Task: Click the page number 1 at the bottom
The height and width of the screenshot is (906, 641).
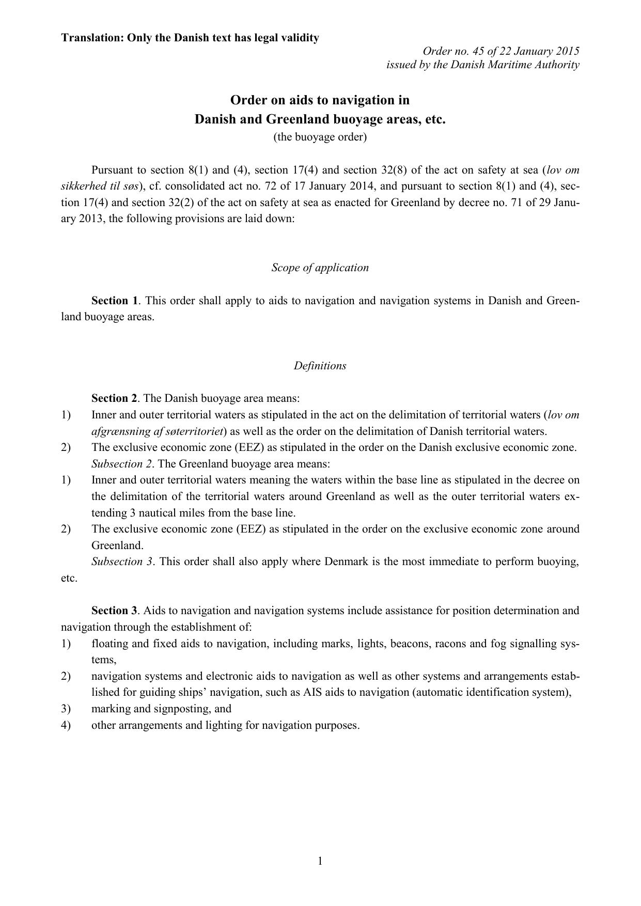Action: pyautogui.click(x=320, y=861)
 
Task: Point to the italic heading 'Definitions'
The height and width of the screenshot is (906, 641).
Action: pyautogui.click(x=320, y=366)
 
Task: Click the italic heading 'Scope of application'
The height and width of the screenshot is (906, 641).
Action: pyautogui.click(x=320, y=268)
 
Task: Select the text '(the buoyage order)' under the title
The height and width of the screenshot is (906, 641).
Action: pyautogui.click(x=320, y=137)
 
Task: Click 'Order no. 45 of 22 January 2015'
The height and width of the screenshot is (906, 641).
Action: pyautogui.click(x=501, y=51)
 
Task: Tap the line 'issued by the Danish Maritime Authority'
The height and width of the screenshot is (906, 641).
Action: pyautogui.click(x=482, y=65)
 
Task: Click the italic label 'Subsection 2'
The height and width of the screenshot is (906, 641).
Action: pyautogui.click(x=122, y=463)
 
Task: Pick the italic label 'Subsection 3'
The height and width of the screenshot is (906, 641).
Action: pyautogui.click(x=122, y=561)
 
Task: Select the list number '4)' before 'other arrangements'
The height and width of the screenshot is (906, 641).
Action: pyautogui.click(x=66, y=725)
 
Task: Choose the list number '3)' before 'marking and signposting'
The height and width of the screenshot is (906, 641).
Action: pyautogui.click(x=66, y=709)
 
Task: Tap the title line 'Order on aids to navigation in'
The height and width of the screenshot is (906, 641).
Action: pyautogui.click(x=320, y=100)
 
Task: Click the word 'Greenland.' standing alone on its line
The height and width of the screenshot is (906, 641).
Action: pyautogui.click(x=117, y=545)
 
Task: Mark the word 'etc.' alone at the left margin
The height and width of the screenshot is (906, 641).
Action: pyautogui.click(x=69, y=578)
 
